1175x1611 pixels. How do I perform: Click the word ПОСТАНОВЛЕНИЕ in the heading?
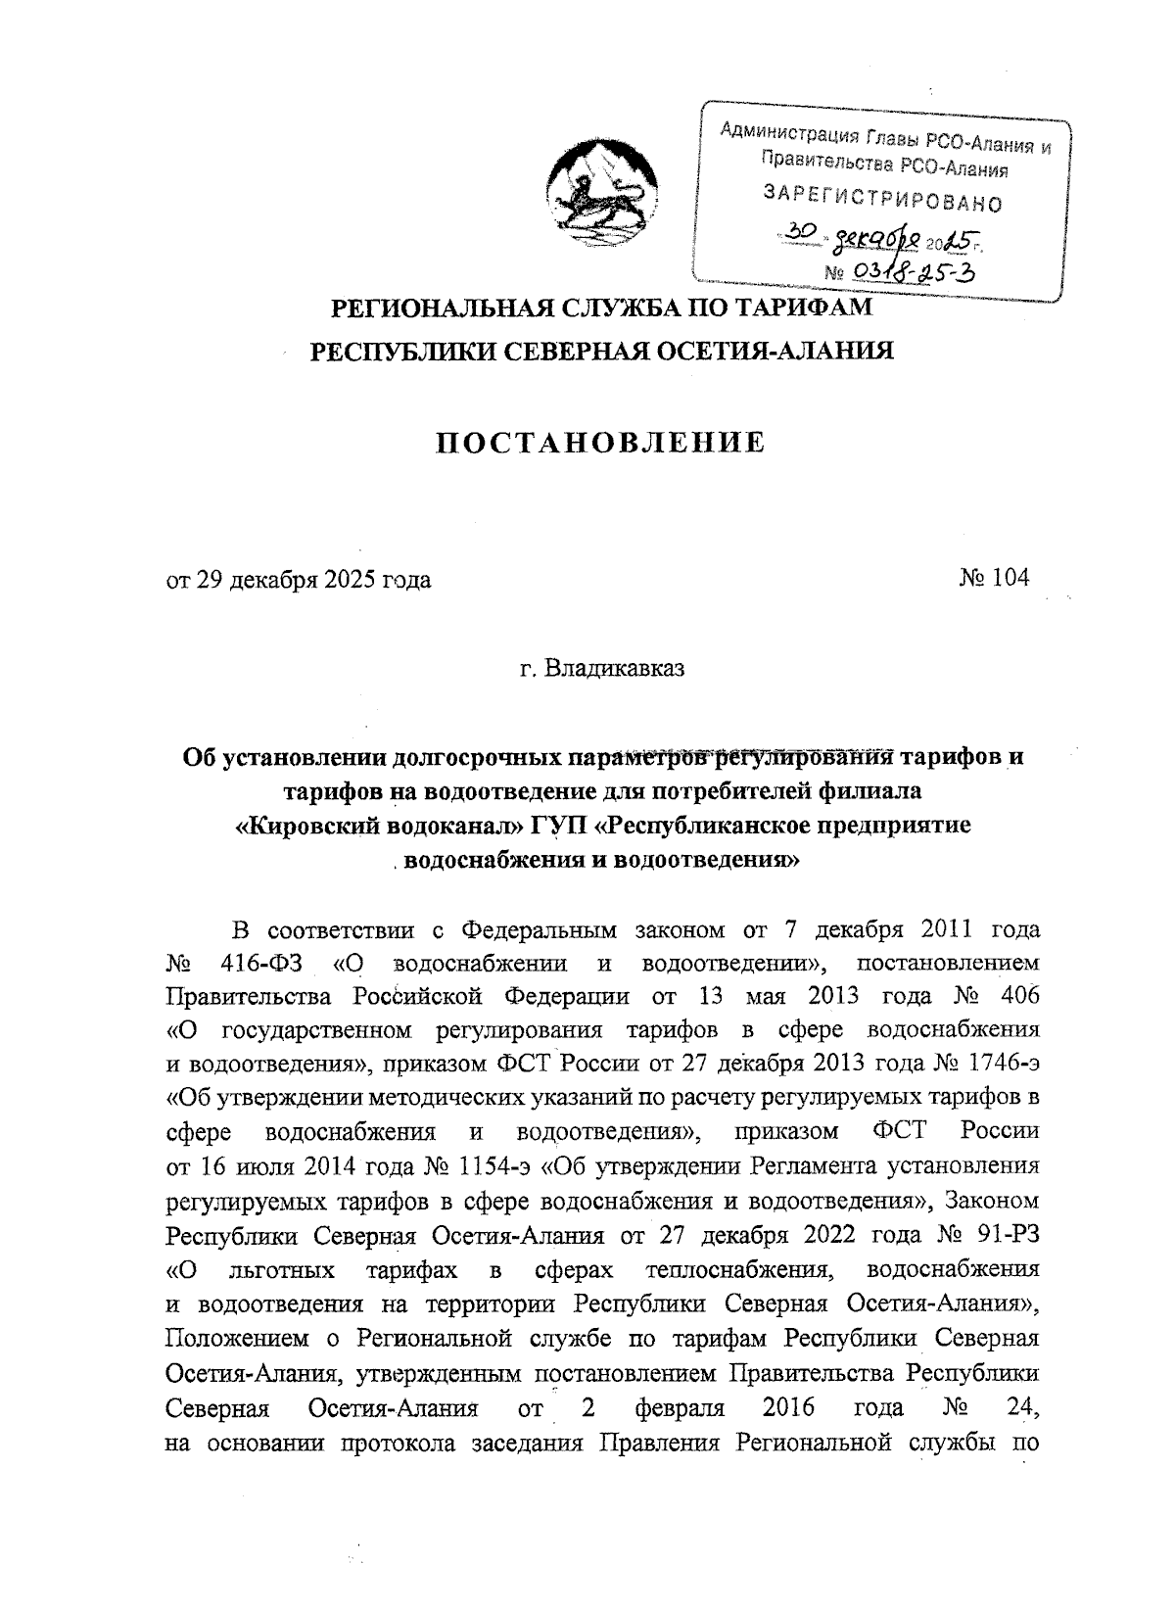coord(599,444)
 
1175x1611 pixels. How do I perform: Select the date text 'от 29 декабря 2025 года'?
coord(299,580)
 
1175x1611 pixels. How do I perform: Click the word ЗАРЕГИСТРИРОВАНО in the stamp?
coord(882,197)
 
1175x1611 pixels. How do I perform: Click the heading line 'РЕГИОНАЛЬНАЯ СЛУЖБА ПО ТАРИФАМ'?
coord(600,308)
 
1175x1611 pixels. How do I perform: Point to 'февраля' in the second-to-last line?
coord(681,1408)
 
